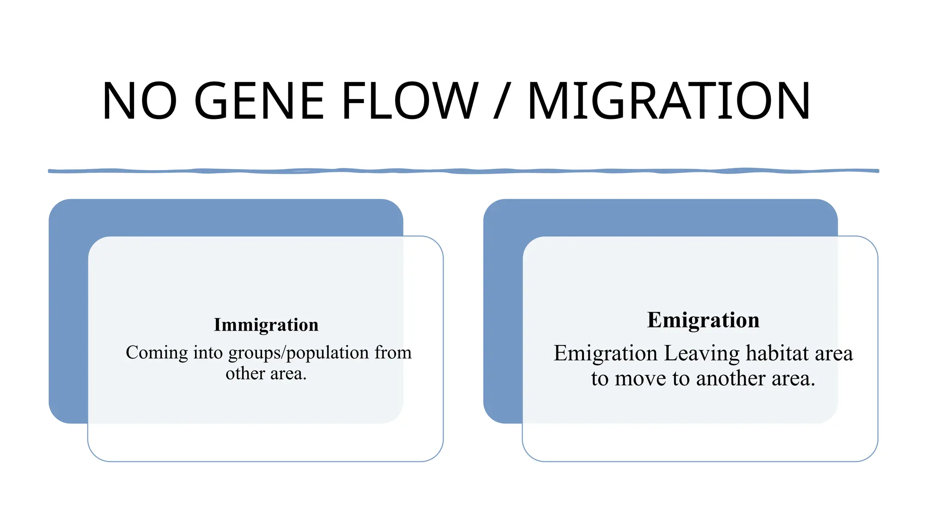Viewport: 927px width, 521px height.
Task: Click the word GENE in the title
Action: (x=259, y=101)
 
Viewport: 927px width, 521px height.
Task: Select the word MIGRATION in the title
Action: (x=669, y=101)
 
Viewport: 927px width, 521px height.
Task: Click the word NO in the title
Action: (x=139, y=101)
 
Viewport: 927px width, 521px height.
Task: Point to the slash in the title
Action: (x=502, y=101)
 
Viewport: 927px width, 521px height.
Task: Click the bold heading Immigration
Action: (x=266, y=325)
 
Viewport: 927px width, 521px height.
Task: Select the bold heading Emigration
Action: (x=703, y=320)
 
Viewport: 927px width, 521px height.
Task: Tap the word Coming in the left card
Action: (x=157, y=353)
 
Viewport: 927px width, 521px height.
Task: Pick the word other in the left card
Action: (x=245, y=374)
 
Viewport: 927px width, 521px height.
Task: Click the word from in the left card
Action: (x=393, y=353)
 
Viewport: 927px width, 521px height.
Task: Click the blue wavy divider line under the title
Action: (x=463, y=171)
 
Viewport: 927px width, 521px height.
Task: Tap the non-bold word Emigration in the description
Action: (x=605, y=353)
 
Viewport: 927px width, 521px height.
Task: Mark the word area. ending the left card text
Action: (x=288, y=374)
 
